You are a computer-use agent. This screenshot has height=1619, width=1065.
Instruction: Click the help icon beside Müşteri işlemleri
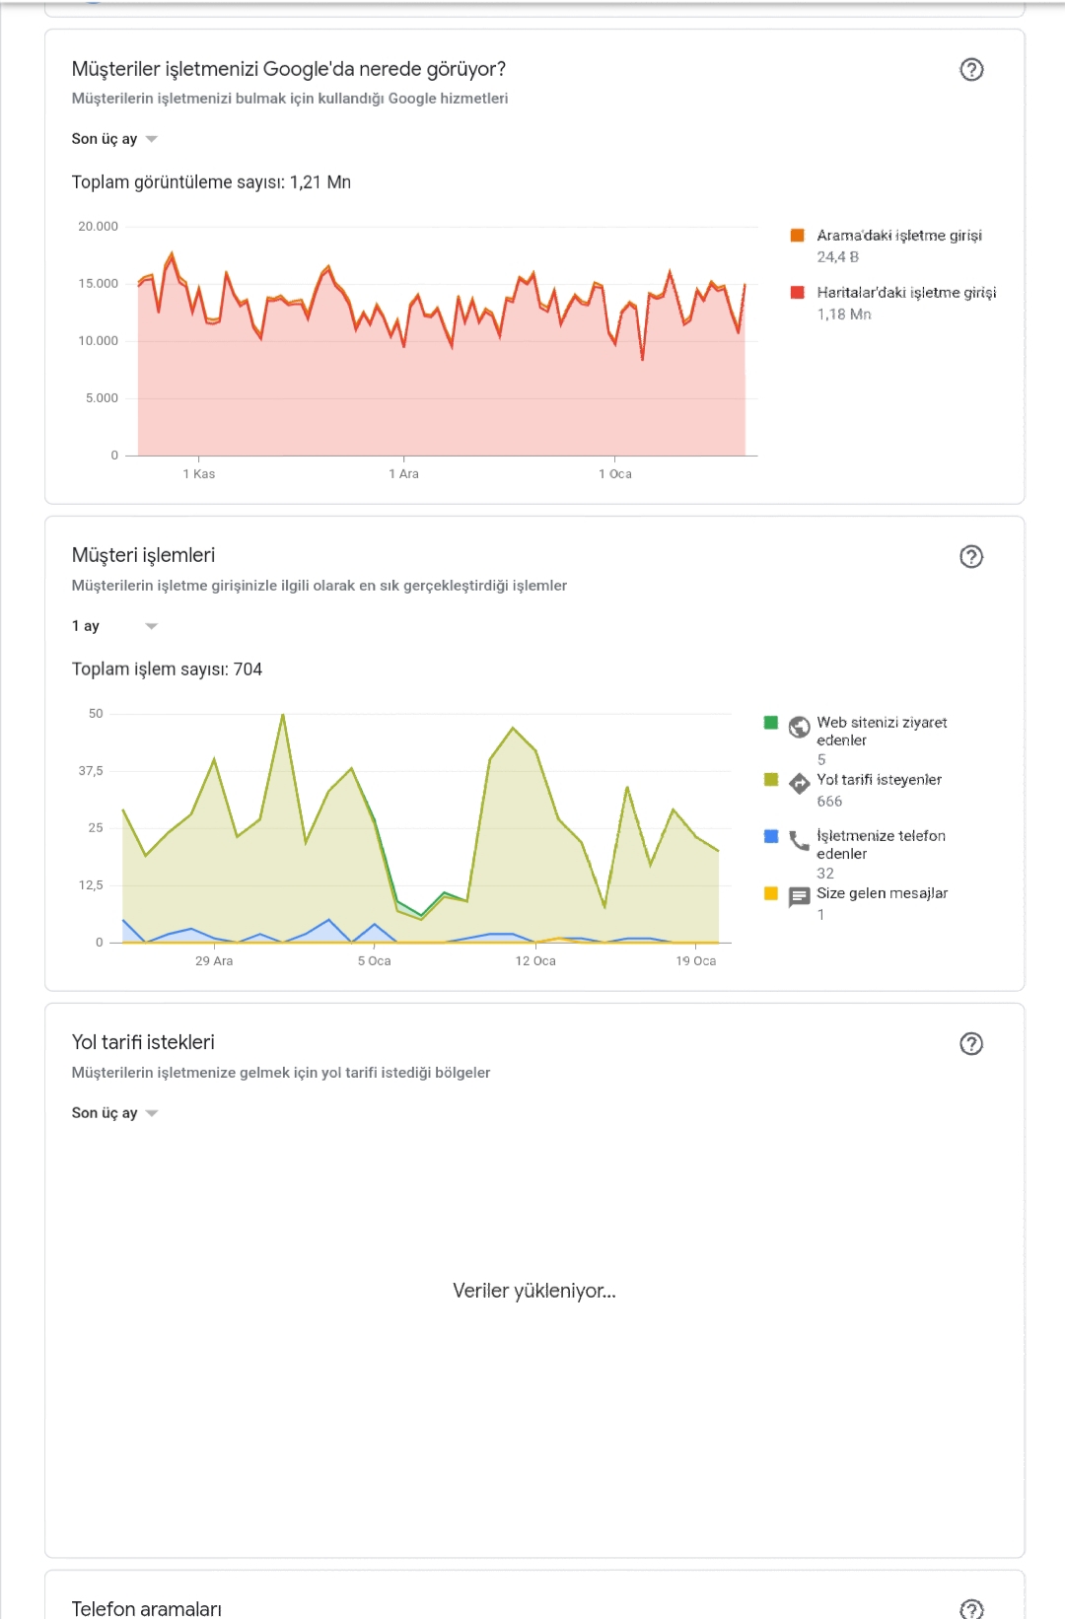(x=971, y=556)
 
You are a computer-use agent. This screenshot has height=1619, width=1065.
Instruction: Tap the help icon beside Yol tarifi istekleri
(x=971, y=1044)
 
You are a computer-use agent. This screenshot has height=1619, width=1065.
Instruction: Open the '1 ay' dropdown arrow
(x=151, y=626)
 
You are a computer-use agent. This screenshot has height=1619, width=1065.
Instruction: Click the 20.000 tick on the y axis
(x=99, y=226)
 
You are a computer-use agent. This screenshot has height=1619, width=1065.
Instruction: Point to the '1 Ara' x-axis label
(x=403, y=474)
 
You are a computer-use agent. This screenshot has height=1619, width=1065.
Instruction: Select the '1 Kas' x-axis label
(x=199, y=474)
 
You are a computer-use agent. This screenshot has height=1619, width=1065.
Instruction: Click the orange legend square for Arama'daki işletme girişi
(x=798, y=235)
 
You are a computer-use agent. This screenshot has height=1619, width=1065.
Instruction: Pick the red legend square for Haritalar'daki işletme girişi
(x=798, y=292)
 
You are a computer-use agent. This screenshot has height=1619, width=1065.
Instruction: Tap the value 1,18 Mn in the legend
(x=844, y=315)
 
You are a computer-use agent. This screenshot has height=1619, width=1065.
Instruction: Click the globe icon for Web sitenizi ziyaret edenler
(x=799, y=727)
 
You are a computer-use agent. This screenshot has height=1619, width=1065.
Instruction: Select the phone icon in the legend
(x=799, y=841)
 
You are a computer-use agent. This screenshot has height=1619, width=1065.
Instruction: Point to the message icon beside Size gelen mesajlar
(x=799, y=897)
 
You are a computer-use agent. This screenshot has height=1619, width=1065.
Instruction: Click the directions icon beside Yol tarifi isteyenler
(x=799, y=784)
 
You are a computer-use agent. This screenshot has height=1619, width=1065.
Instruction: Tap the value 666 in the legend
(x=829, y=801)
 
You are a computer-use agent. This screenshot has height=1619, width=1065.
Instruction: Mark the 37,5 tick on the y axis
(x=91, y=770)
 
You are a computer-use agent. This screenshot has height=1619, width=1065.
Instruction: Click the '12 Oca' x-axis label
(x=535, y=961)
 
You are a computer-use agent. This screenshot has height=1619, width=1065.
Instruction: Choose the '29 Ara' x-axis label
(x=214, y=961)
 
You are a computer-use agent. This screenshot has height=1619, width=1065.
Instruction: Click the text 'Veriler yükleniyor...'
(x=534, y=1291)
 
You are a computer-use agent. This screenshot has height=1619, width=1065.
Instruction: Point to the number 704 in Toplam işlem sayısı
(x=248, y=669)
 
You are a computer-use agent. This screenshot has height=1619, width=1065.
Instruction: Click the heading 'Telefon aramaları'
(x=147, y=1609)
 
